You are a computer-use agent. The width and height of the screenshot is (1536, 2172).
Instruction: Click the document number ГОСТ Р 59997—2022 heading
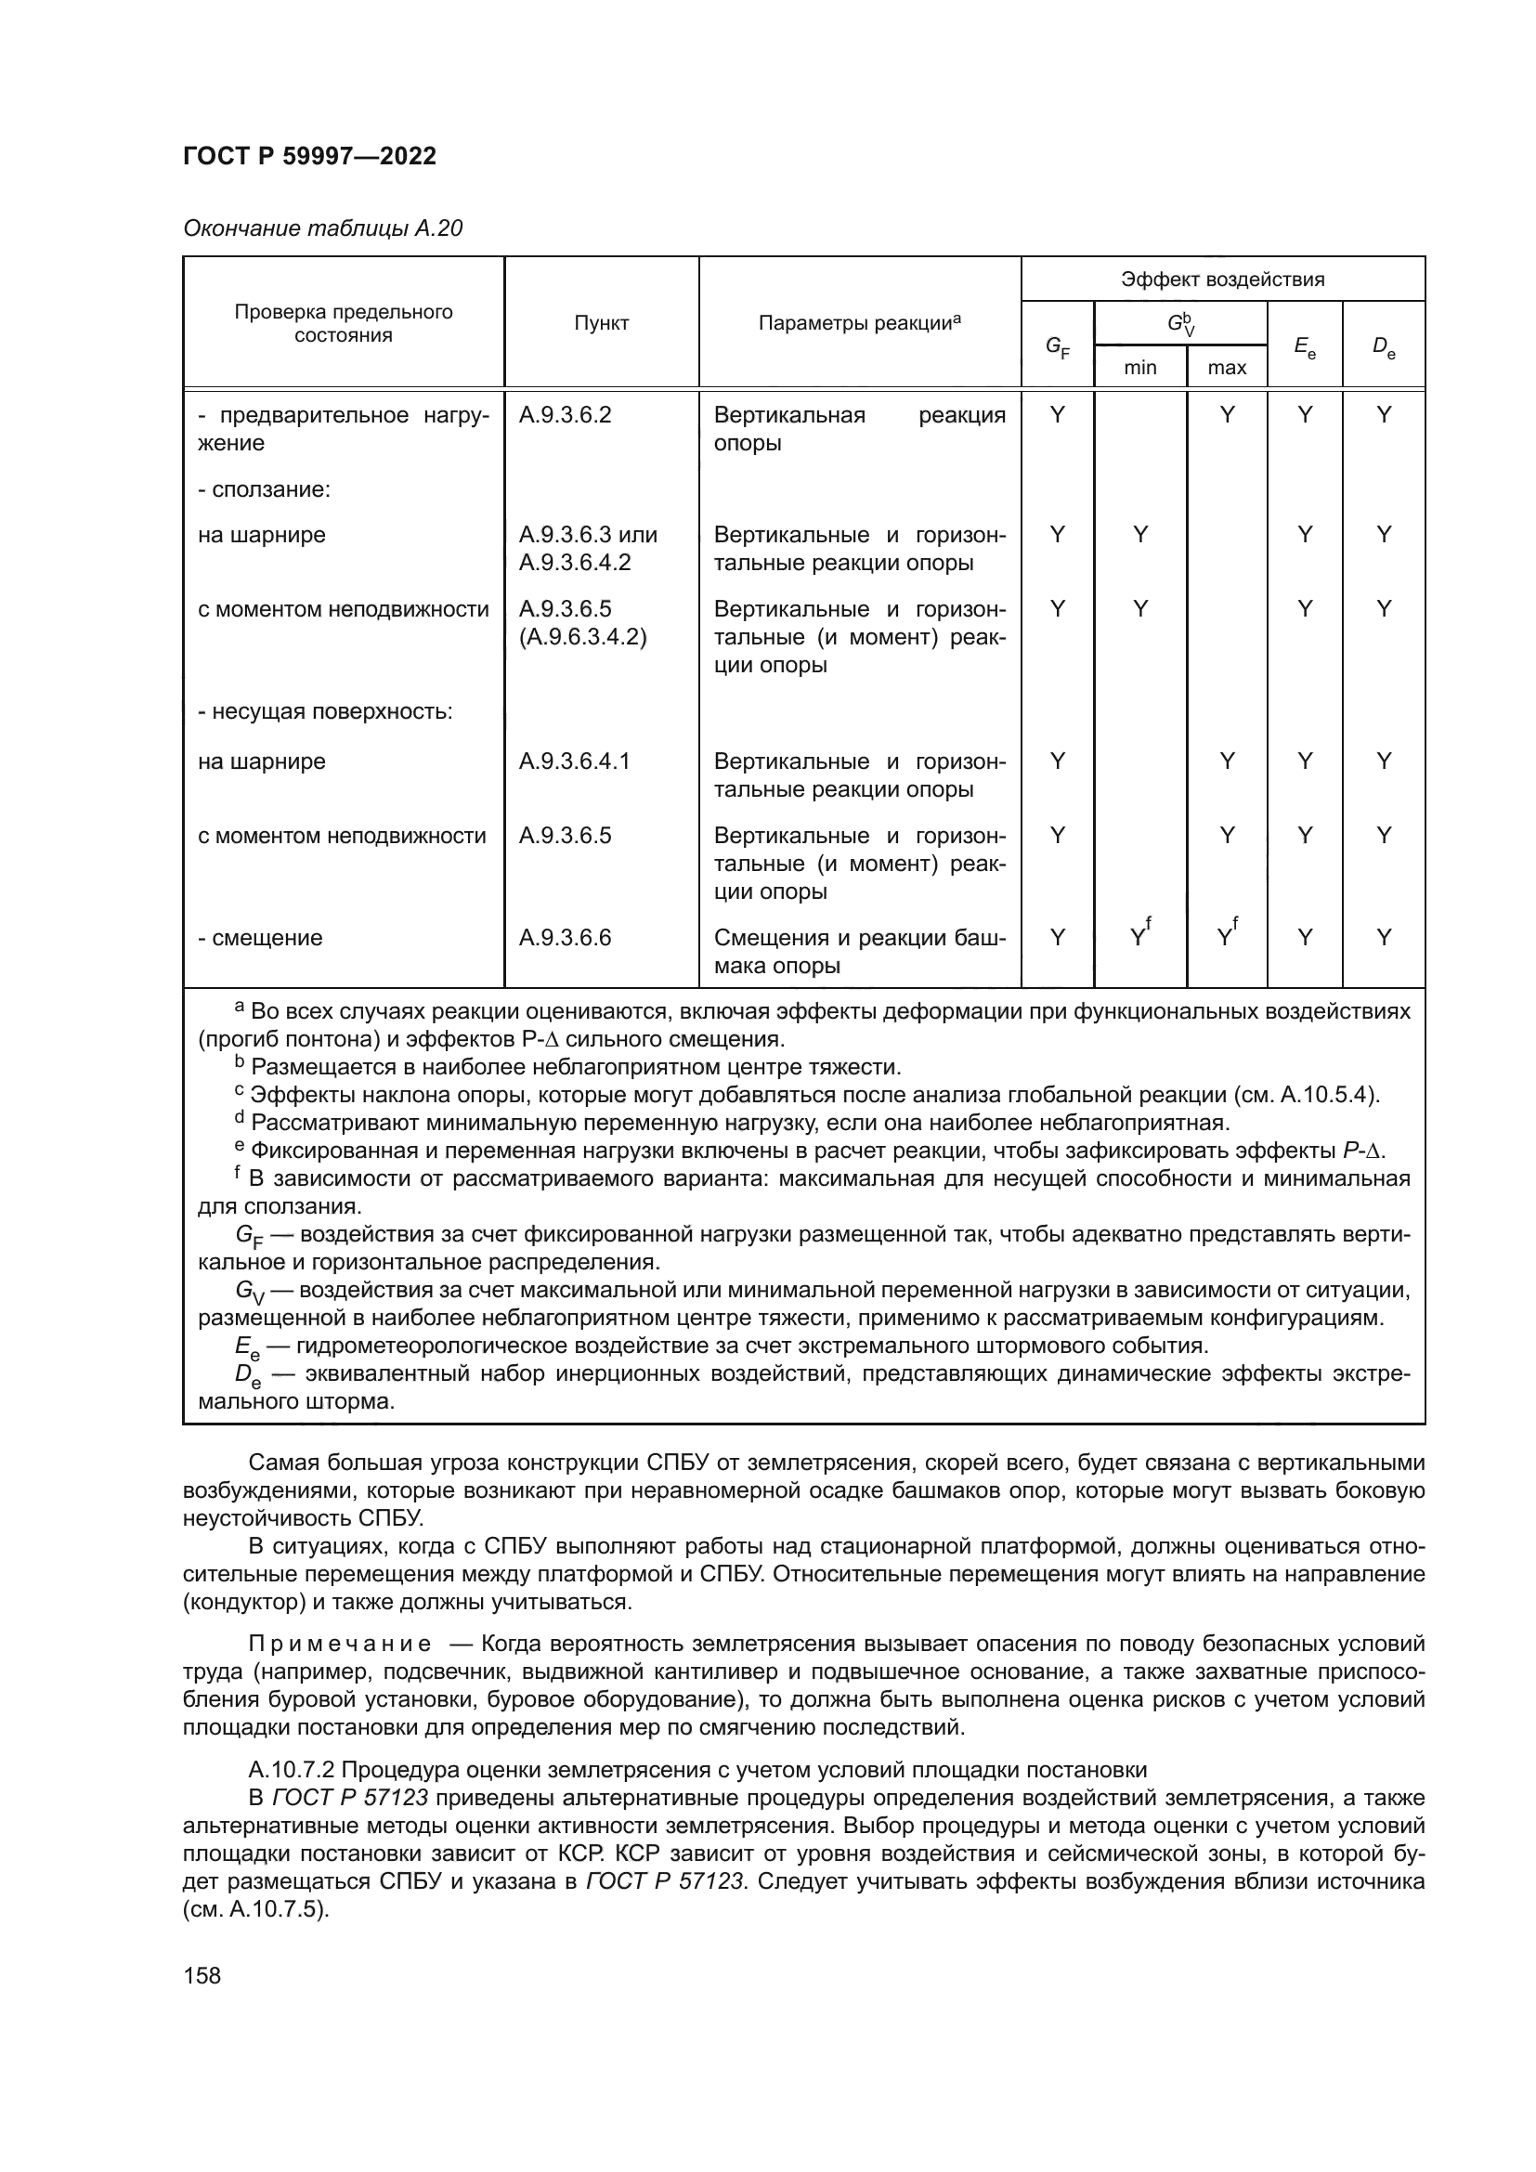pyautogui.click(x=309, y=156)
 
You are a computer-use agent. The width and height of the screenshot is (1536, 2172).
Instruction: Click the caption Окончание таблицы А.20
pyautogui.click(x=322, y=228)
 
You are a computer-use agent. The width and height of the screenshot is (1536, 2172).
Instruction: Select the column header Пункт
pyautogui.click(x=601, y=323)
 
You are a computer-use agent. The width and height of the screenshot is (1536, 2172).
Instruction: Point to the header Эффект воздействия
pyautogui.click(x=1222, y=280)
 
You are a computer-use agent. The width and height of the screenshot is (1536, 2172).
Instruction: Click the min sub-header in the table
pyautogui.click(x=1139, y=367)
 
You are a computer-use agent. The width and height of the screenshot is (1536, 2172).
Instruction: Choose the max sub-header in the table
pyautogui.click(x=1226, y=367)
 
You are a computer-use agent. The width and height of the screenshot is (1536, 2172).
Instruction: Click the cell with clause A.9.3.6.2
pyautogui.click(x=565, y=415)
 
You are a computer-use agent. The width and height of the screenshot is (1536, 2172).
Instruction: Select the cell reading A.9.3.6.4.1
pyautogui.click(x=574, y=761)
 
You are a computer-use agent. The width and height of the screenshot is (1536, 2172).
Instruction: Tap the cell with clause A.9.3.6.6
pyautogui.click(x=565, y=938)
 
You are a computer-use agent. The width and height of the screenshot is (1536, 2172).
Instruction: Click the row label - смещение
pyautogui.click(x=260, y=938)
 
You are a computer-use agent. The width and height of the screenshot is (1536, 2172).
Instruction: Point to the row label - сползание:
pyautogui.click(x=264, y=489)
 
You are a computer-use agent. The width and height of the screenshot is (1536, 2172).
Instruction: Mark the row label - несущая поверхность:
pyautogui.click(x=324, y=711)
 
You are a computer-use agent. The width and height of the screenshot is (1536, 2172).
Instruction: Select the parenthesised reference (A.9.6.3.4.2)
pyautogui.click(x=581, y=637)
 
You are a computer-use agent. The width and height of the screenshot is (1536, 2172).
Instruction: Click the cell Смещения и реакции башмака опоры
pyautogui.click(x=859, y=952)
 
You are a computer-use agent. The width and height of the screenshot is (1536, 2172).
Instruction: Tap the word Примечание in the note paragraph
pyautogui.click(x=340, y=1644)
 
